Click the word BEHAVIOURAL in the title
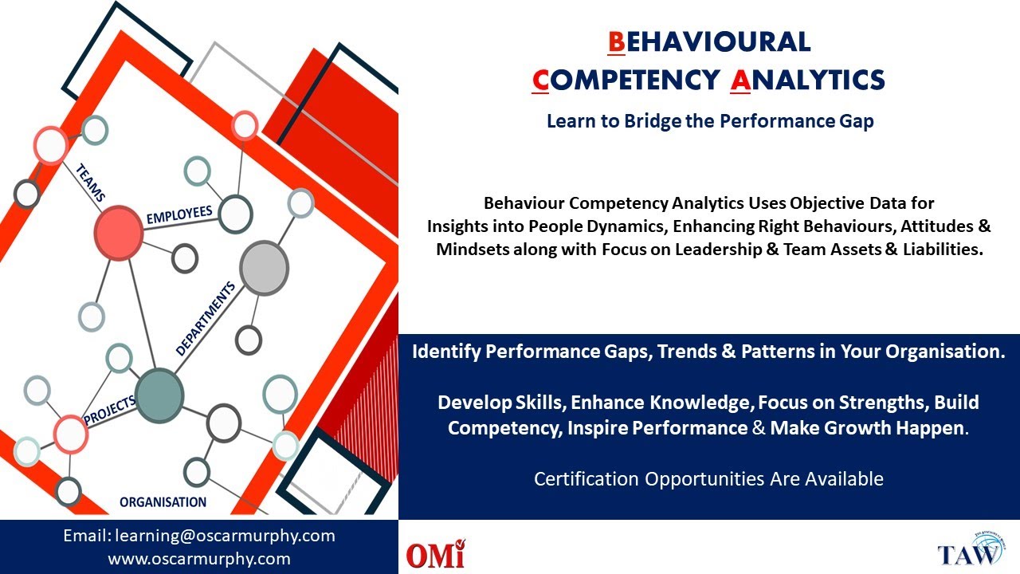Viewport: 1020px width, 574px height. click(x=708, y=41)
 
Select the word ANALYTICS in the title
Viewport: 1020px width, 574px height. click(x=807, y=80)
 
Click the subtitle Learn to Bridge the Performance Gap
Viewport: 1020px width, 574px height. click(x=709, y=121)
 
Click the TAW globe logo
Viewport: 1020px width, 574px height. click(x=969, y=550)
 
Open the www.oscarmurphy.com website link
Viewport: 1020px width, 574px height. click(x=199, y=559)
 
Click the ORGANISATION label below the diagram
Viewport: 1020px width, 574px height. click(x=163, y=502)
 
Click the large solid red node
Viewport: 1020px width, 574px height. click(x=118, y=233)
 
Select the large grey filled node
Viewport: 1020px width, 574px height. click(x=264, y=267)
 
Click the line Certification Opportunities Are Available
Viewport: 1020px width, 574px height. click(x=708, y=479)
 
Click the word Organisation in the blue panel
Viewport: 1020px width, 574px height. click(x=947, y=352)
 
